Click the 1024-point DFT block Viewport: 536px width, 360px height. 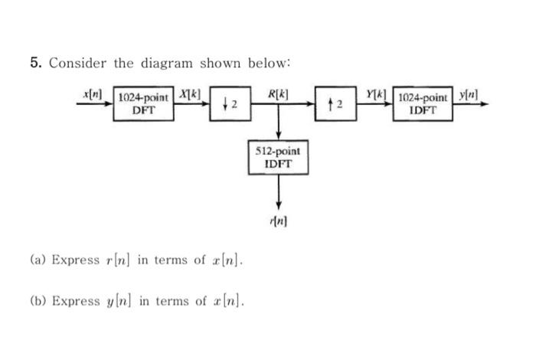pyautogui.click(x=145, y=105)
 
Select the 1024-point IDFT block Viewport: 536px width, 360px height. pyautogui.click(x=423, y=105)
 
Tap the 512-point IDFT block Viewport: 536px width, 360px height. pyautogui.click(x=279, y=157)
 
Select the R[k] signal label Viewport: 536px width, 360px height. pyautogui.click(x=278, y=94)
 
